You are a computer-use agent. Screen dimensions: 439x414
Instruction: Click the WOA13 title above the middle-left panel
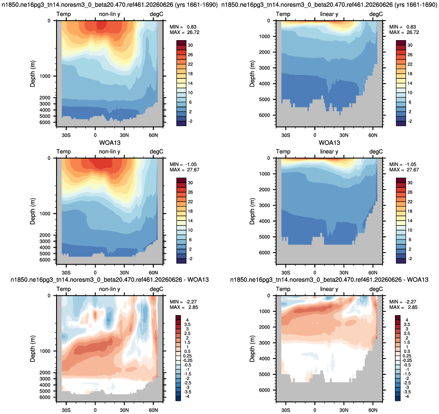tap(110, 143)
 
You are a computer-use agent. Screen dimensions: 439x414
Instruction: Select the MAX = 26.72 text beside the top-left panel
tap(184, 32)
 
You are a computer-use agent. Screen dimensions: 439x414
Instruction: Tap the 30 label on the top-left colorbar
tap(190, 45)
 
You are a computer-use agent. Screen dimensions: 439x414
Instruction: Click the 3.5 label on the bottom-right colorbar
tap(407, 324)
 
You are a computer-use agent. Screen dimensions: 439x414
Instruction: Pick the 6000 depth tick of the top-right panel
tap(265, 115)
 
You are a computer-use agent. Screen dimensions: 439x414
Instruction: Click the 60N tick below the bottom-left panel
tap(154, 410)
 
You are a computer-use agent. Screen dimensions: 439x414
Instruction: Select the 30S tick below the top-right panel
tap(285, 135)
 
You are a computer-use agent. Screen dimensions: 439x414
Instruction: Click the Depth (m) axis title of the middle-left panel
tap(33, 211)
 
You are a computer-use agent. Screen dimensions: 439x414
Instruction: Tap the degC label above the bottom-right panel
tap(376, 289)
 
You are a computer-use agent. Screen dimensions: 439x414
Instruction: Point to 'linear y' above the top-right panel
tap(329, 14)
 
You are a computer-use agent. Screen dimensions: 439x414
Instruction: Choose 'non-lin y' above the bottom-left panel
tap(109, 289)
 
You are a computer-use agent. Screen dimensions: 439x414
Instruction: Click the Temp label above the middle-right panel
tap(283, 151)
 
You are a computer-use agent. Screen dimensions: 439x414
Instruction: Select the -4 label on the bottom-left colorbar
tap(187, 396)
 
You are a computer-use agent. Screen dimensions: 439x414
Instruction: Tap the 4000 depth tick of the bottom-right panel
tap(265, 359)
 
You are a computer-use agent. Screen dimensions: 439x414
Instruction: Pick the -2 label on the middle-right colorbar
tap(410, 259)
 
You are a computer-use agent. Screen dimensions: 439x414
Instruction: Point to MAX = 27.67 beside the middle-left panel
tap(184, 170)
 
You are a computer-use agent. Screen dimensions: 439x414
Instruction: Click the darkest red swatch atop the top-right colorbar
tap(401, 43)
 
